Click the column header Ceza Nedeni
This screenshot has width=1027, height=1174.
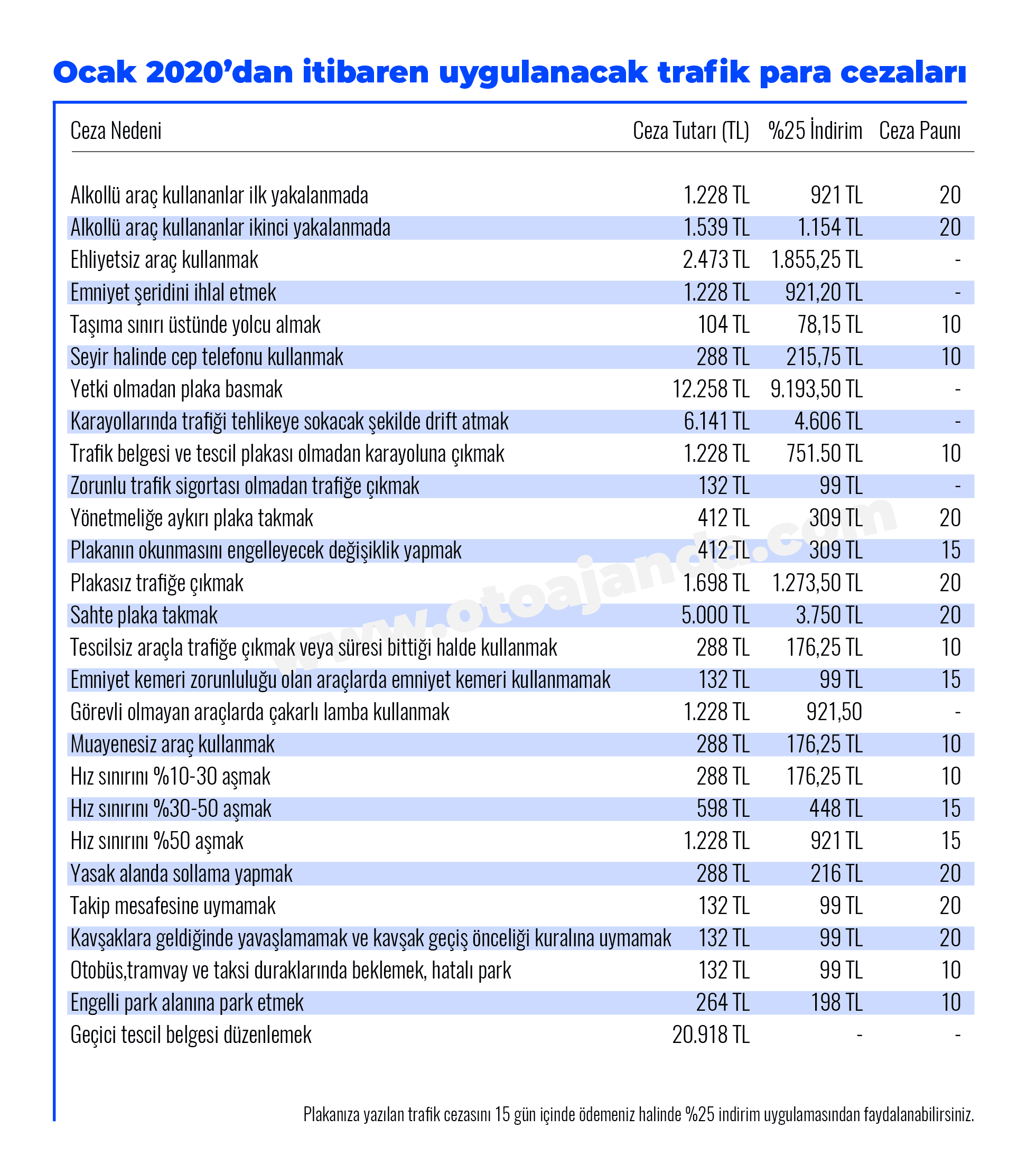(116, 131)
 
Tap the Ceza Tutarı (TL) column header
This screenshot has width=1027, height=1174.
(690, 131)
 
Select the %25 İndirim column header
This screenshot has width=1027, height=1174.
(815, 130)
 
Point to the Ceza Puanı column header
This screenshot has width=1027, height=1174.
(920, 131)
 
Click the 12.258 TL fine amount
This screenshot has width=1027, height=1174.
(711, 389)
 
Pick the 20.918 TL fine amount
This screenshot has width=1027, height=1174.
(711, 1035)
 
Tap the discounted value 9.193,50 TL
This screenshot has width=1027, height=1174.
(816, 389)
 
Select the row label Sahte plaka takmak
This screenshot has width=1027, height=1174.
(144, 616)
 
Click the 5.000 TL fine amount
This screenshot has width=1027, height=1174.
(715, 616)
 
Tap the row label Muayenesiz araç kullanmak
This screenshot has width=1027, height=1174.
(173, 744)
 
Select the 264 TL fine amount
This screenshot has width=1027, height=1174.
(723, 1003)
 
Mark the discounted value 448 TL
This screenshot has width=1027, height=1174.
(836, 809)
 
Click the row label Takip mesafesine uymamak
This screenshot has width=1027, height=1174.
(173, 906)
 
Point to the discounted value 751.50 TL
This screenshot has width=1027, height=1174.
(824, 454)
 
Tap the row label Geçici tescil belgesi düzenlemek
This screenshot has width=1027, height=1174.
(191, 1035)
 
